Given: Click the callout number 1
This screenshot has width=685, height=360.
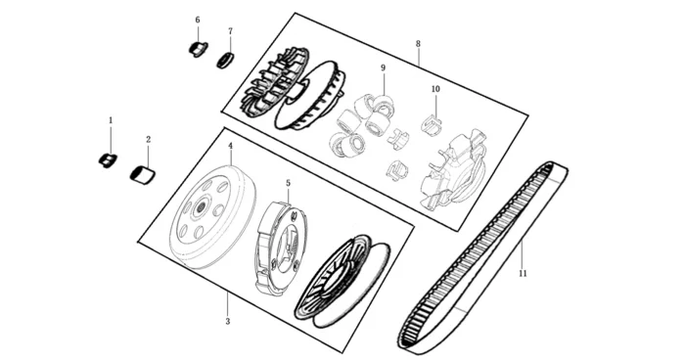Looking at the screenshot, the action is click(111, 119).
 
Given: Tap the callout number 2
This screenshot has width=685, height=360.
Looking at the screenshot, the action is click(148, 139).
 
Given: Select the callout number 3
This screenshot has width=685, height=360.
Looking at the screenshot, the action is click(228, 322).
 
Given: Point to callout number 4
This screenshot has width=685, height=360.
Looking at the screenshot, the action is click(230, 145).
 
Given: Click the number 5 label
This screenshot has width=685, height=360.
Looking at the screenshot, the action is click(289, 183).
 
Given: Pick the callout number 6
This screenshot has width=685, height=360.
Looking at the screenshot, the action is click(198, 20).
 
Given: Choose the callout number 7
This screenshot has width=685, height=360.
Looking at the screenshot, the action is click(230, 31).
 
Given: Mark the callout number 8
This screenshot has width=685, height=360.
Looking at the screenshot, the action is click(418, 44).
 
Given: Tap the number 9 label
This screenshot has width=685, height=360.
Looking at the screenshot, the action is click(384, 67).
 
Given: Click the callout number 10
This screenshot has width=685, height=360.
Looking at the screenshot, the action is click(435, 89).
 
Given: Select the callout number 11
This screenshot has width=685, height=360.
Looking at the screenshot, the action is click(523, 274).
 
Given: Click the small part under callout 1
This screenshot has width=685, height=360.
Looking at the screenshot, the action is click(107, 159).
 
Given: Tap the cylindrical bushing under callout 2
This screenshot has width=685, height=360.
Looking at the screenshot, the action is click(143, 175).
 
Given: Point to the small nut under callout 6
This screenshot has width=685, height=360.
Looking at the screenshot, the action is click(199, 49).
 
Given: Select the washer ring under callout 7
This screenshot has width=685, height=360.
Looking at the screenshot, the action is click(226, 61).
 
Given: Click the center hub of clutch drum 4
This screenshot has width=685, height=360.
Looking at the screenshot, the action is click(202, 207).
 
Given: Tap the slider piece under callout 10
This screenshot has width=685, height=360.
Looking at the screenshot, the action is click(431, 123).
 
